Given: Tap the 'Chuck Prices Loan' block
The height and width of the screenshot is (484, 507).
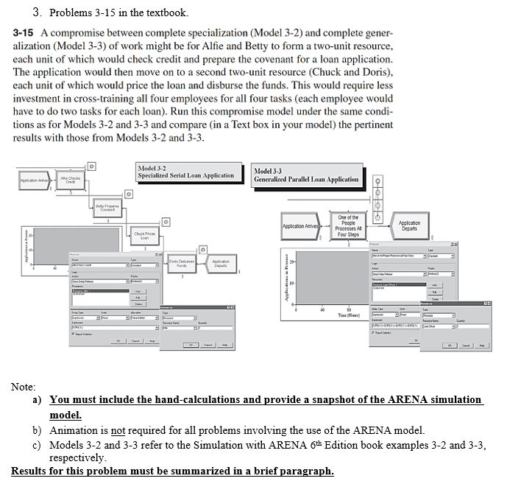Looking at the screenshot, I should (x=145, y=237).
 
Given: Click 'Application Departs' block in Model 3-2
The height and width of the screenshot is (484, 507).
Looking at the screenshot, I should (x=221, y=263).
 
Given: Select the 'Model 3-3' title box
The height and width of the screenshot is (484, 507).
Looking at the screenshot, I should (x=306, y=175).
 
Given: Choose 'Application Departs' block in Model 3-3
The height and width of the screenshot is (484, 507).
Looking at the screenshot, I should (x=409, y=226).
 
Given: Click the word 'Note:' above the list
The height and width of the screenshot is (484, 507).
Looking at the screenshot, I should (x=24, y=386).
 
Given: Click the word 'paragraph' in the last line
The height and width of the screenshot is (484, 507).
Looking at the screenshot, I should (x=307, y=471).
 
